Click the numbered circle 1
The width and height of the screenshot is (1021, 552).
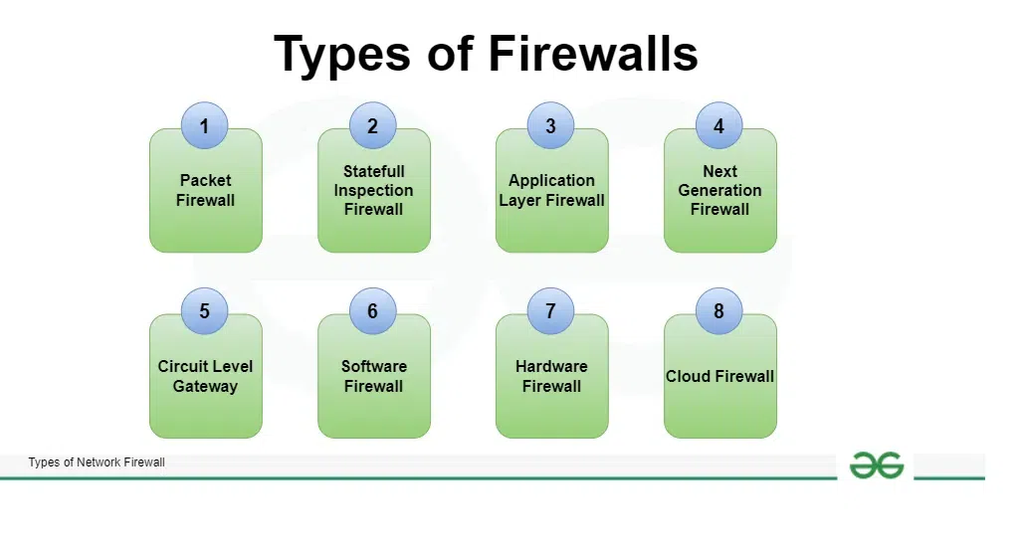[204, 126]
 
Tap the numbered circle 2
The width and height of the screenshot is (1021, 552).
[372, 126]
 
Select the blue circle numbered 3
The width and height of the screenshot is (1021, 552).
[550, 126]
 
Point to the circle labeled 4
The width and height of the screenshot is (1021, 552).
[718, 126]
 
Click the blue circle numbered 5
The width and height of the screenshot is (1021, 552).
[204, 311]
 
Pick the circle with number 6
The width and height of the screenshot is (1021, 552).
[372, 311]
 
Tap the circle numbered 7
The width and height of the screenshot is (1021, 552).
[550, 311]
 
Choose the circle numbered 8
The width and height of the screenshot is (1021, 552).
[718, 311]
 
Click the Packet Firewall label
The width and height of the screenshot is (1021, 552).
[205, 190]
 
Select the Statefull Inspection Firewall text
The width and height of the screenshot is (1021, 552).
[373, 190]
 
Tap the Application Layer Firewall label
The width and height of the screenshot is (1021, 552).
[551, 190]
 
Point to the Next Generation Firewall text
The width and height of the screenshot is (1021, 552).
[719, 190]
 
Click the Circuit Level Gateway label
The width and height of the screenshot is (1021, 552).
[205, 376]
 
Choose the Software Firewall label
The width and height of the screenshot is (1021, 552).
[373, 376]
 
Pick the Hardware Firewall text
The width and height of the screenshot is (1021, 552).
[551, 376]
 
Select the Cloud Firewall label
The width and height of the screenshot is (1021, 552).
[719, 376]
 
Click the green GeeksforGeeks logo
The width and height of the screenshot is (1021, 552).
[876, 465]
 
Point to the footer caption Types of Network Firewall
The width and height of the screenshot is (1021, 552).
[97, 462]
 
